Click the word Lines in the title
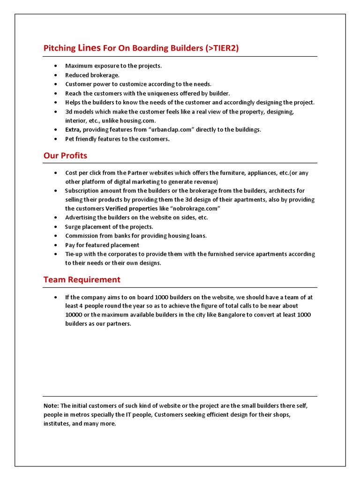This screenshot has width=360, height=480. pyautogui.click(x=87, y=48)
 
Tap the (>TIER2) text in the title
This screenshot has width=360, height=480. pyautogui.click(x=222, y=48)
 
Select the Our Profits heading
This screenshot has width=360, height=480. pyautogui.click(x=65, y=155)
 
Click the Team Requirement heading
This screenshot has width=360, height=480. pyautogui.click(x=82, y=279)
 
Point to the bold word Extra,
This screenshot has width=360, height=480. pyautogui.click(x=73, y=129)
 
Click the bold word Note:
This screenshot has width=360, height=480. pyautogui.click(x=51, y=405)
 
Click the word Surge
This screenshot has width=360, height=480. pyautogui.click(x=73, y=227)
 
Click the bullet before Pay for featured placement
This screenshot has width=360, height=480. pyautogui.click(x=56, y=245)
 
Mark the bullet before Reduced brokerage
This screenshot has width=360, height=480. pyautogui.click(x=56, y=75)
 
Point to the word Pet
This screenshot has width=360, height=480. pyautogui.click(x=70, y=139)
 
